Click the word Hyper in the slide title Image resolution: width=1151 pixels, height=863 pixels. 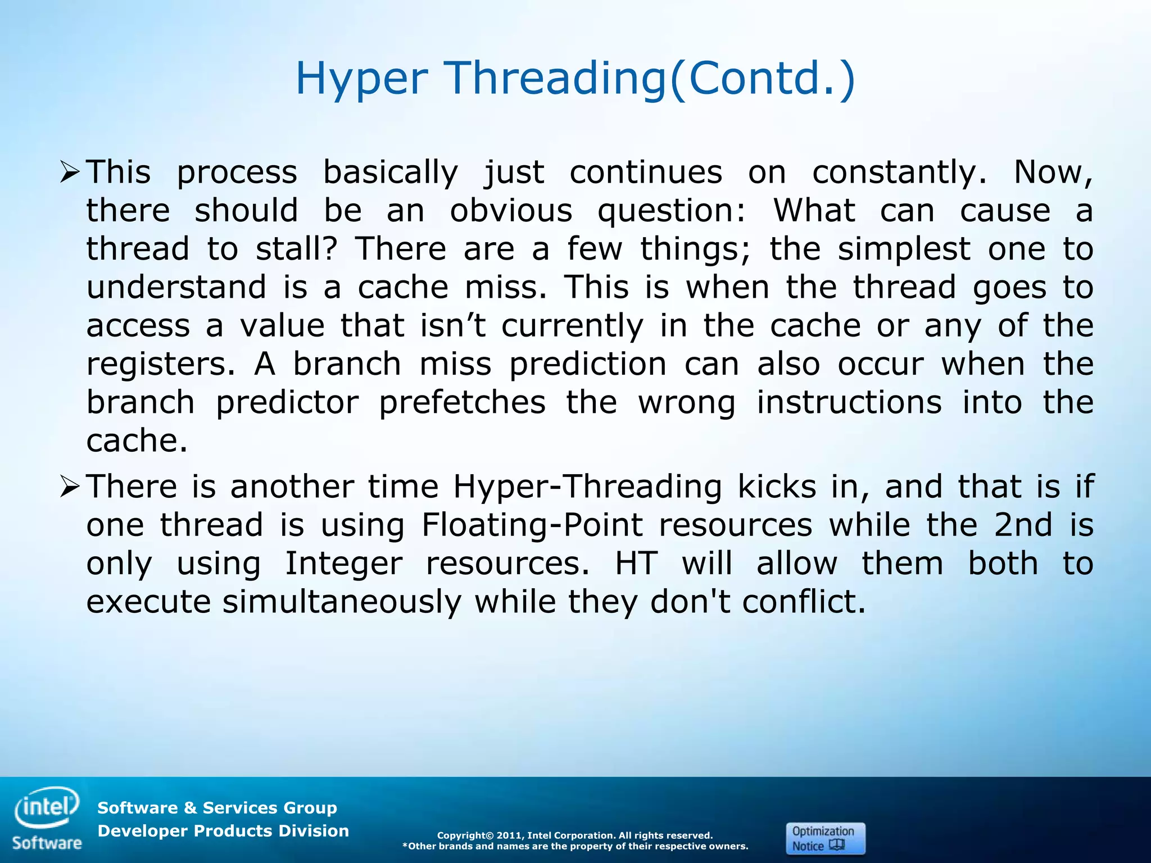361,79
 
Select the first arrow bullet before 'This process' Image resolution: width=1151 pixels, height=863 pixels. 70,172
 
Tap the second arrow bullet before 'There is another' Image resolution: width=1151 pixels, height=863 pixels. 70,487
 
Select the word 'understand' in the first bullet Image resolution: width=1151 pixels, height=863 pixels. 176,287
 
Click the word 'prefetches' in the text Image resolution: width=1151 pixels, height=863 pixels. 462,403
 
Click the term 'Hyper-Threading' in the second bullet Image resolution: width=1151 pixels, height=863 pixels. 587,487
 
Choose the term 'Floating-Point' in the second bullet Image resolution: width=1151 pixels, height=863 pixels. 532,525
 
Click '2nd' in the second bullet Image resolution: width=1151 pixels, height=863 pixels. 1023,525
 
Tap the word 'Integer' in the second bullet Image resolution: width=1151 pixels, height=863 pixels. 344,564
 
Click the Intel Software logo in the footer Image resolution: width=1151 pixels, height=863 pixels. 47,818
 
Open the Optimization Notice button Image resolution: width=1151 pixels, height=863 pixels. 824,838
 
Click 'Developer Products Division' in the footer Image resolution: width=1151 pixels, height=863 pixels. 223,831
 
